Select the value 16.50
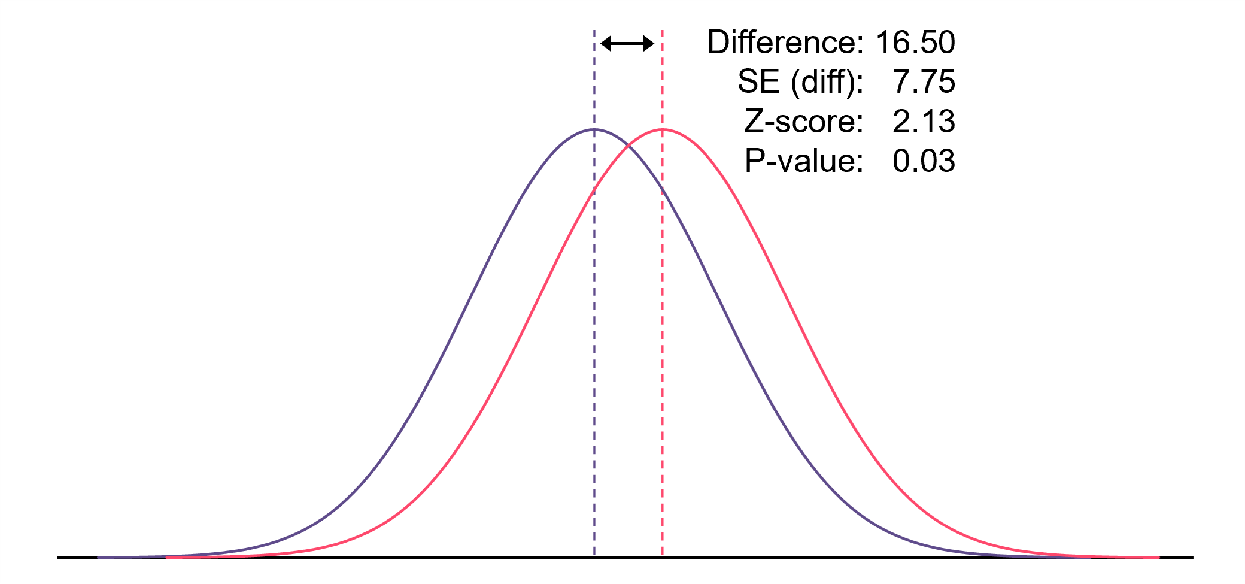click(915, 43)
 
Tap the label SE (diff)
click(800, 82)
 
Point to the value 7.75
click(924, 82)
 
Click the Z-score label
click(803, 122)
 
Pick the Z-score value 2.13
click(924, 122)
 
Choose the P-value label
click(804, 161)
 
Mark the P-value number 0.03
click(924, 161)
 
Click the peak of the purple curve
click(594, 129)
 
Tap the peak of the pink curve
click(663, 129)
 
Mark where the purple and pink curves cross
click(628, 144)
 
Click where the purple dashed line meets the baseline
click(594, 557)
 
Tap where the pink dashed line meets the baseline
click(663, 557)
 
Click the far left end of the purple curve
click(99, 557)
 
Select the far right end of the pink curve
click(1158, 557)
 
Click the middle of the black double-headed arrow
click(627, 43)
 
